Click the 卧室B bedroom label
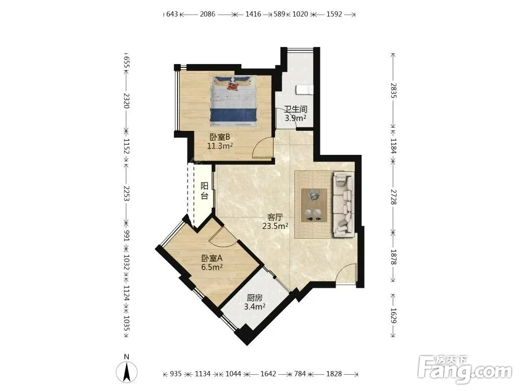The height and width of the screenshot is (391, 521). (220, 137)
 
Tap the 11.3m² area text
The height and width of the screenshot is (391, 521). (220, 145)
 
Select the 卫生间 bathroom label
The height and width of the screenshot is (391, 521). (295, 109)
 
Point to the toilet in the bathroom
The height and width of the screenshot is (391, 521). (304, 90)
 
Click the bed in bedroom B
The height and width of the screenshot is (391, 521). (234, 101)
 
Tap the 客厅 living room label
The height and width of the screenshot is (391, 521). (275, 217)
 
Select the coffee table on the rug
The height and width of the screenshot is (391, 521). (314, 205)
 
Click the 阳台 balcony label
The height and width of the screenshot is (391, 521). (204, 191)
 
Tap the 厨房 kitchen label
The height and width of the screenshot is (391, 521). (255, 298)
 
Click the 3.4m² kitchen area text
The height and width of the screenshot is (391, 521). (255, 307)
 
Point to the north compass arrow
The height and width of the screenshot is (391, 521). (127, 371)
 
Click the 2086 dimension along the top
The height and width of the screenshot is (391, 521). (208, 14)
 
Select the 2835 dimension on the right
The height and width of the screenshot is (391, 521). (393, 90)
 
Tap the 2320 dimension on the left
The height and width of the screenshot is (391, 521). (126, 101)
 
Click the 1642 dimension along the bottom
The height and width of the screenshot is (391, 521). (268, 374)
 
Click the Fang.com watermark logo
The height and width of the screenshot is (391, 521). (465, 369)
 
